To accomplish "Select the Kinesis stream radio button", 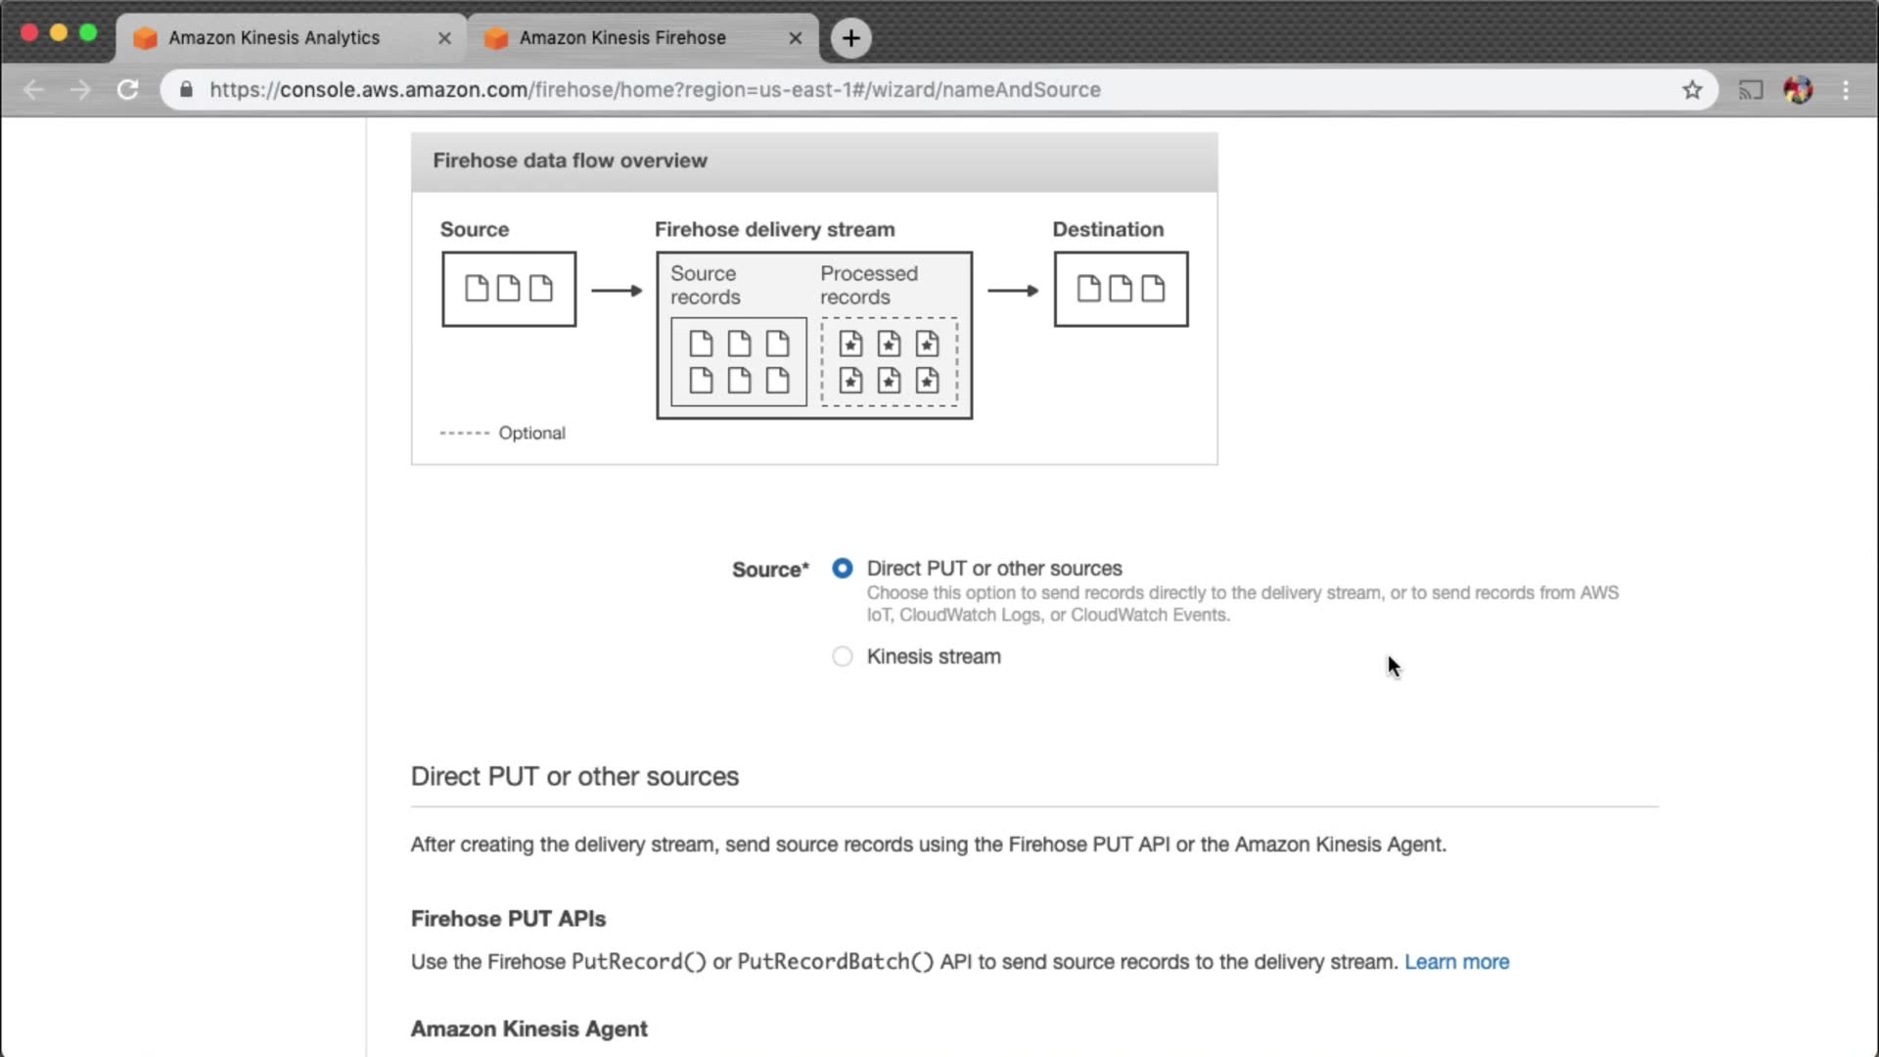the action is click(842, 657).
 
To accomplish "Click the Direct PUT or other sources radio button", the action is click(842, 569).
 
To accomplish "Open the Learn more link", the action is click(1456, 962).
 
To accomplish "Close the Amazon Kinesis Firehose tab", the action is click(795, 38).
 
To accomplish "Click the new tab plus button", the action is click(851, 38).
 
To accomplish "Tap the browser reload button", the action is click(127, 90).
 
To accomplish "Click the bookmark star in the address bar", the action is click(1692, 90).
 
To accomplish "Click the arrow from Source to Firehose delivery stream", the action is click(617, 291).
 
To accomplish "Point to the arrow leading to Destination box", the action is click(1013, 291).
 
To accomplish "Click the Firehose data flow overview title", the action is click(570, 161).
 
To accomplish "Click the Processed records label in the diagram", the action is click(869, 285).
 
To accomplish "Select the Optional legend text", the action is click(531, 433).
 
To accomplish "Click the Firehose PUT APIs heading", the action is click(508, 919).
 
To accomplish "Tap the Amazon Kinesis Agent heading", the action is click(528, 1029).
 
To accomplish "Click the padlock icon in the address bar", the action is click(186, 89).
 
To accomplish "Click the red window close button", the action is click(29, 33).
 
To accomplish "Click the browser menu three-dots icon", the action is click(1846, 90).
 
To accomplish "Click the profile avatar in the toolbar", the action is click(1798, 90).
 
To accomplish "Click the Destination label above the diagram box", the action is click(1108, 229).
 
